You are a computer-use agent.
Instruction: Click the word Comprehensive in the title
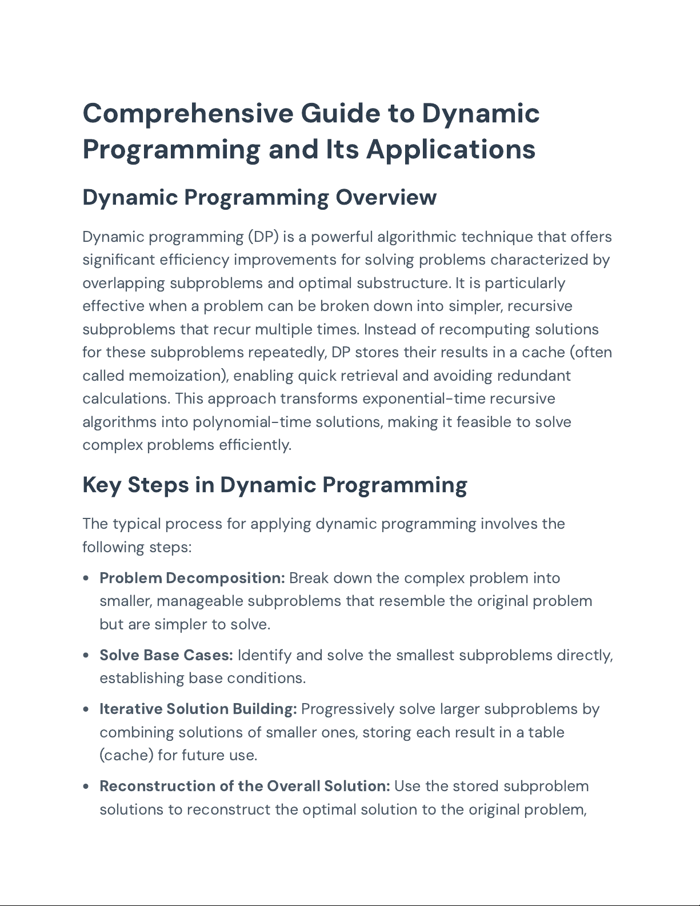188,113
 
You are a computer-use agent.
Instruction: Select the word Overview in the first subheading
386,197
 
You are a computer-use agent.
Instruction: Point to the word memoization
176,376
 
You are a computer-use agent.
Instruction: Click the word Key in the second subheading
102,485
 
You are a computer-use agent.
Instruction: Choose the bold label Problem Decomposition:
192,578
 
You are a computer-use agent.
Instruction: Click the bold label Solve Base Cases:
166,655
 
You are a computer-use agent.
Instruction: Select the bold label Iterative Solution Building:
198,709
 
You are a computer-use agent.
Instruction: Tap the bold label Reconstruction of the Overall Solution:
245,786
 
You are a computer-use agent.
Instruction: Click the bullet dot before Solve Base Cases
86,655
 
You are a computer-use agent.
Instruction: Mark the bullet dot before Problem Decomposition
86,578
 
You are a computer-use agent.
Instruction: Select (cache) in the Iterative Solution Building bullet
126,755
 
